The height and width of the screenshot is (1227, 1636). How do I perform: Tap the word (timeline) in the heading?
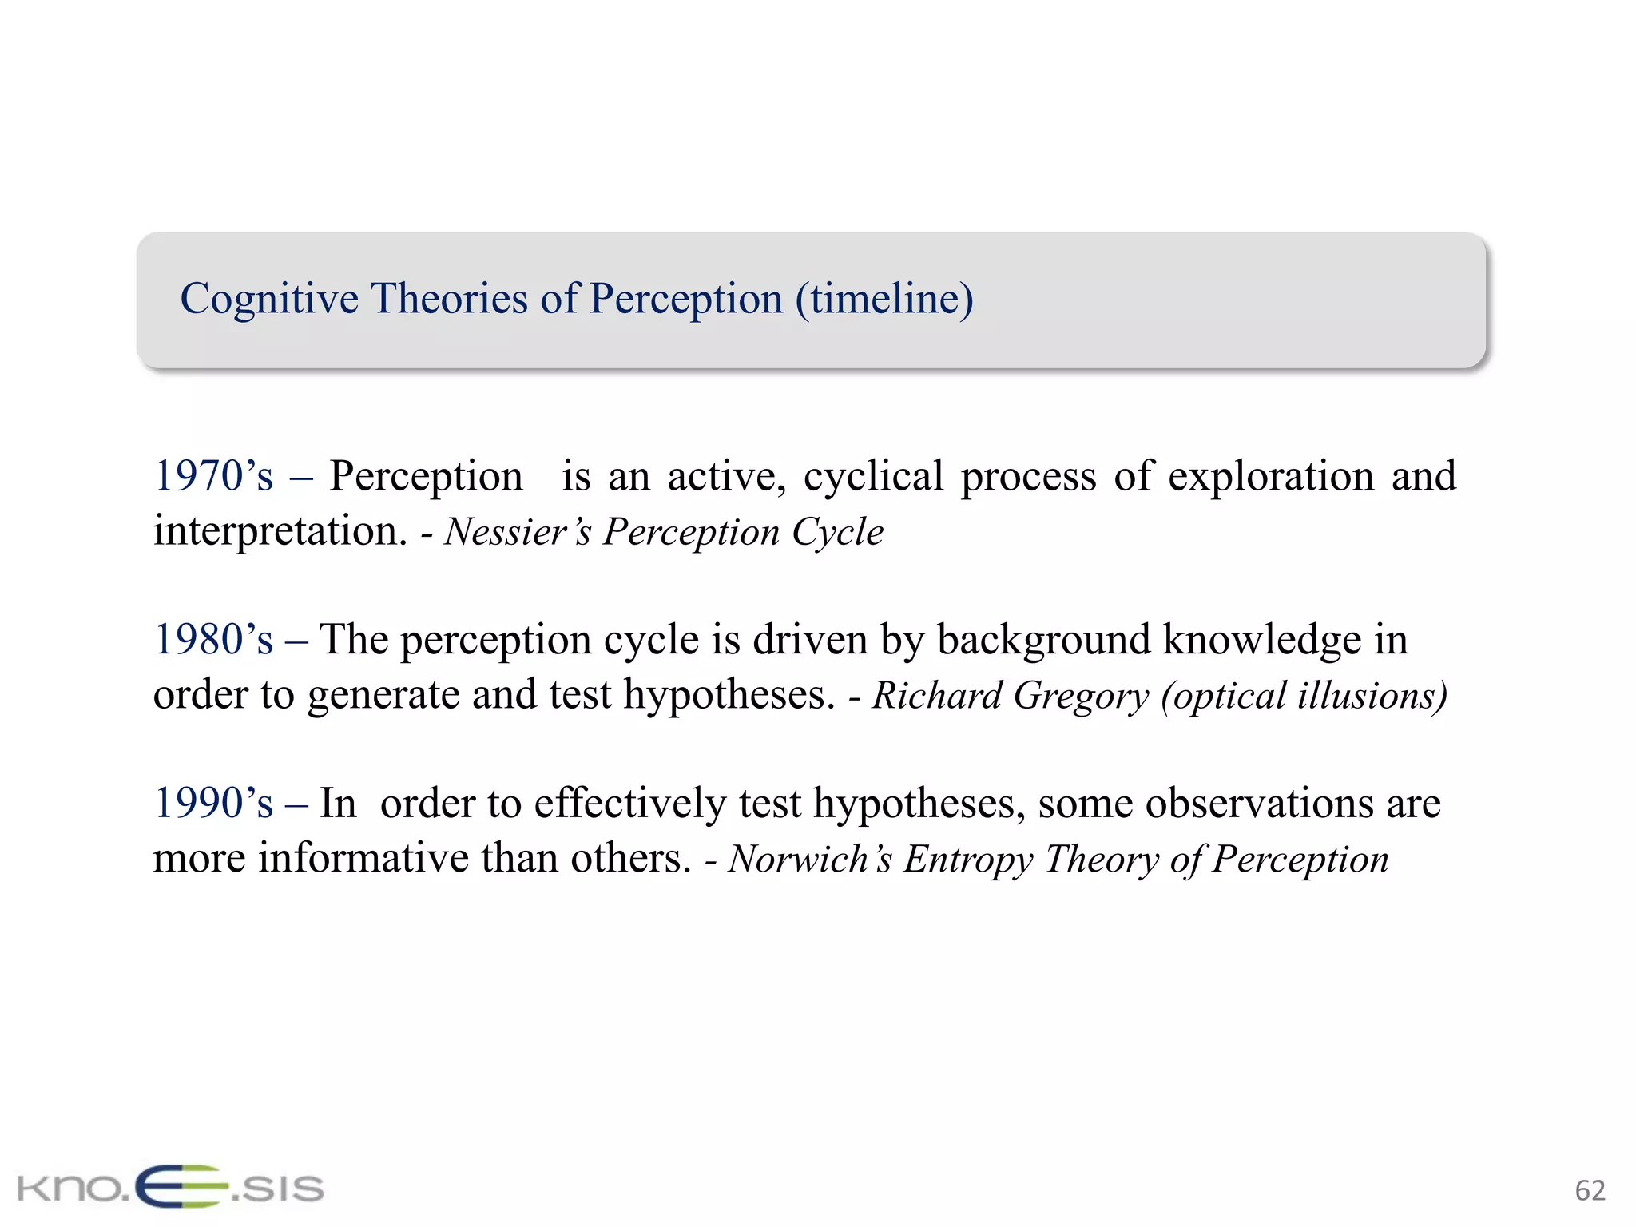884,300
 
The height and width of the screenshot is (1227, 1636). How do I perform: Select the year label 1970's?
213,476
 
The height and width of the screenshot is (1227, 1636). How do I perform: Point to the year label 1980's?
213,640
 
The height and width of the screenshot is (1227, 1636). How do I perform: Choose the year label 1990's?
213,804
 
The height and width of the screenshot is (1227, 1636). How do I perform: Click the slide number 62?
1590,1191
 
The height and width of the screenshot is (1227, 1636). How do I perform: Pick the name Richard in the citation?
937,695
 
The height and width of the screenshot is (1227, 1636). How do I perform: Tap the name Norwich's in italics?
810,860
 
